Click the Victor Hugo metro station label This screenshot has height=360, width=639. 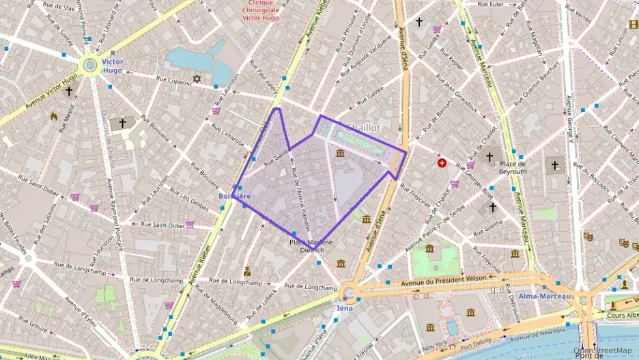112,66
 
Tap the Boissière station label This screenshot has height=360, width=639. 234,196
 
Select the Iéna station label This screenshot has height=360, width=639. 344,308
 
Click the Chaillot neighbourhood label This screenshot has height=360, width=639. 363,128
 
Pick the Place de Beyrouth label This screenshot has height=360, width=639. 513,167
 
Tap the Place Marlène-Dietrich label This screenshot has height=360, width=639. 312,246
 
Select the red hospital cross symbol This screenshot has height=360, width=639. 442,163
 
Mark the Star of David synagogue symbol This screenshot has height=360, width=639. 198,79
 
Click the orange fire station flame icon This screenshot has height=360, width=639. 54,116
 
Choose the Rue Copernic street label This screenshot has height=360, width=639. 174,80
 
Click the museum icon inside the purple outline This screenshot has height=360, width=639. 340,152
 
